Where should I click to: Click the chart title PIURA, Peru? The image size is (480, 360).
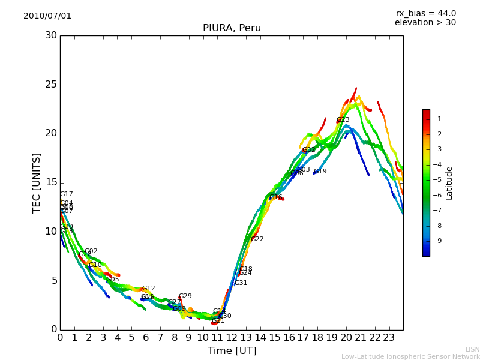click(x=232, y=28)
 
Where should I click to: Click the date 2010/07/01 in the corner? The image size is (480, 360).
click(x=47, y=16)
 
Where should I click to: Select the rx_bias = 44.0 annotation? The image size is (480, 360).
click(x=425, y=14)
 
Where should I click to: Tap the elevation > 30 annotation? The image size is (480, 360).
click(x=425, y=23)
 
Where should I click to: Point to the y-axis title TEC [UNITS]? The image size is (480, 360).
click(x=37, y=182)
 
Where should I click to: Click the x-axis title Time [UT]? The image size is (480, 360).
click(x=232, y=351)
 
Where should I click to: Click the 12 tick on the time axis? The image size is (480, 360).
click(x=232, y=338)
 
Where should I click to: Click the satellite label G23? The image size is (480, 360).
click(x=343, y=120)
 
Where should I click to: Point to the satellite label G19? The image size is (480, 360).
click(x=320, y=172)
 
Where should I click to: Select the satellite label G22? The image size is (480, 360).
click(x=257, y=239)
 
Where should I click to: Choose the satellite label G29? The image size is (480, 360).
click(x=185, y=296)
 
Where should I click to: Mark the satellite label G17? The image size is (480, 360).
click(x=67, y=194)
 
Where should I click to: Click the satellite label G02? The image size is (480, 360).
click(x=91, y=251)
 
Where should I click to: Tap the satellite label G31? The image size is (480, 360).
click(x=241, y=283)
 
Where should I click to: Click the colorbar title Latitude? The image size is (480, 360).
click(x=449, y=182)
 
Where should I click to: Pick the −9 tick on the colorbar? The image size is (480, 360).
click(x=438, y=241)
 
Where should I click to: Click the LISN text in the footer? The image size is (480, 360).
click(x=472, y=349)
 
